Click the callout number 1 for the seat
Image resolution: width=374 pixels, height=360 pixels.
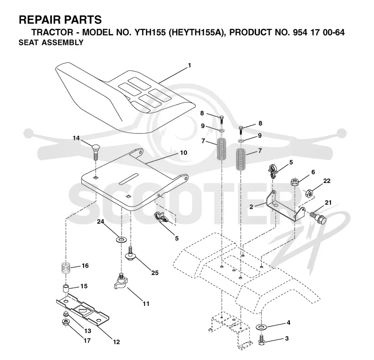190,65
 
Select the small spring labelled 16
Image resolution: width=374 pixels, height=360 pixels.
66,268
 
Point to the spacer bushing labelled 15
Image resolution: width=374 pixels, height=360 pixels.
66,289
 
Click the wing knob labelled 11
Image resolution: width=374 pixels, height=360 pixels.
121,282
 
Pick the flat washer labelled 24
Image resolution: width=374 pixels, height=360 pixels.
121,239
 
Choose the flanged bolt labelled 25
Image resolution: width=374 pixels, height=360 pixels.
130,254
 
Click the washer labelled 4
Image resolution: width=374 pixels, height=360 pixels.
261,327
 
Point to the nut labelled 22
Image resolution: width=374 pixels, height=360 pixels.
309,193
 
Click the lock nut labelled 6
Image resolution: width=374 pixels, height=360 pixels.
295,182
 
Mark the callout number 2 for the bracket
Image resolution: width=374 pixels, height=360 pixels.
251,206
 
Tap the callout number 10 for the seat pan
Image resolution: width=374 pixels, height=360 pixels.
183,153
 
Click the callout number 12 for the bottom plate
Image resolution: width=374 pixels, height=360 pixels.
116,342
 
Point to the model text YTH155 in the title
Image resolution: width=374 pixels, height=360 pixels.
150,32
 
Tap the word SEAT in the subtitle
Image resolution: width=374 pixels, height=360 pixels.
29,42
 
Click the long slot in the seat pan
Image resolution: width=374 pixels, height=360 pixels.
129,178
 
